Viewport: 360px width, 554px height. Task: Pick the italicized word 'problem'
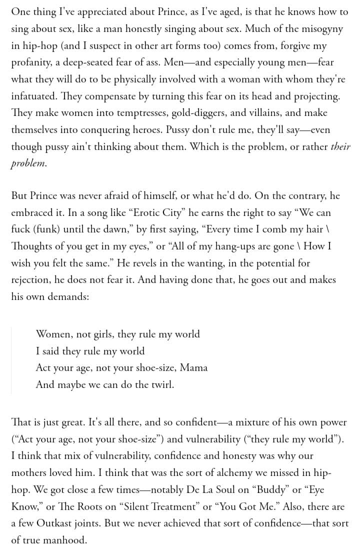[28, 164]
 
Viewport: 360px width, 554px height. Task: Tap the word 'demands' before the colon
[67, 297]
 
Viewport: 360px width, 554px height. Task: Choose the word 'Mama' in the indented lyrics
[193, 368]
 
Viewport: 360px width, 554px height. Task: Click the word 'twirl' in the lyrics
[159, 385]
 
